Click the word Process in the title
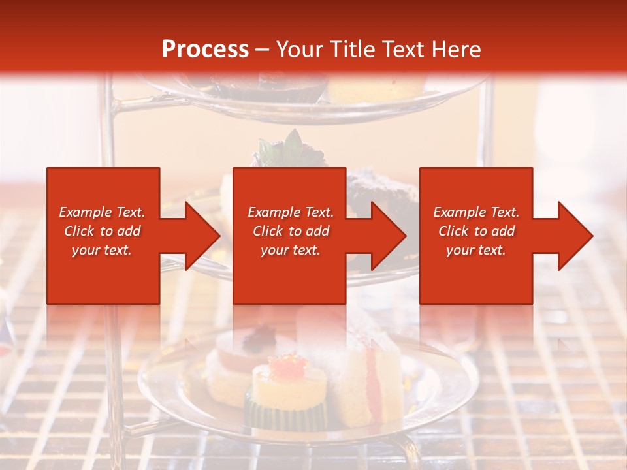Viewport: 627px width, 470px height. click(x=205, y=50)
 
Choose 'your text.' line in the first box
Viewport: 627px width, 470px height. click(x=102, y=250)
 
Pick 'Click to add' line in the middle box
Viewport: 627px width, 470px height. click(x=291, y=231)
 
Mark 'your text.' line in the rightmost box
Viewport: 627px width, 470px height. click(x=476, y=250)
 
